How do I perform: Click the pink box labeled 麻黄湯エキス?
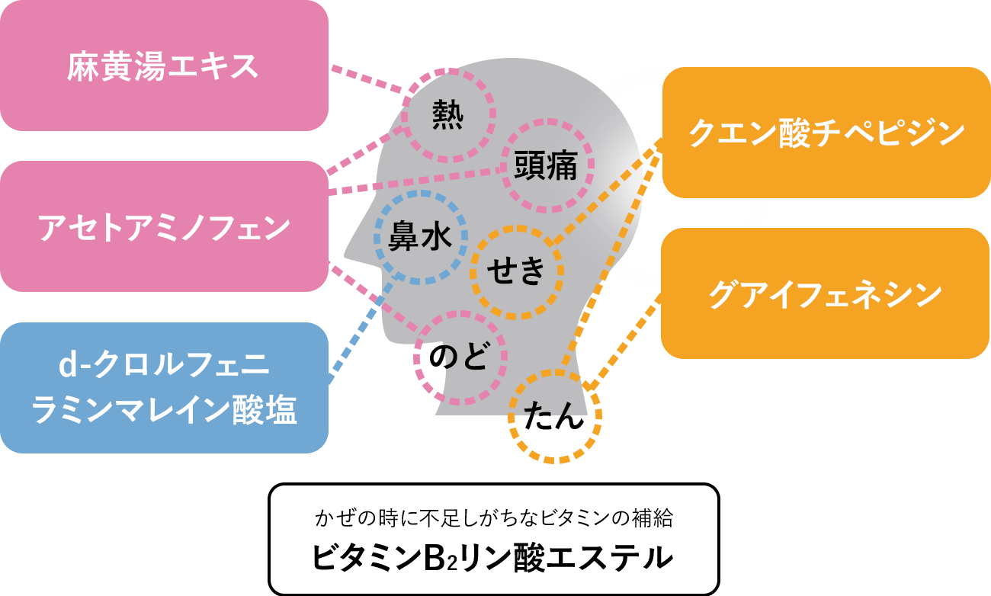[163, 66]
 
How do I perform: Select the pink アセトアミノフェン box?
[163, 226]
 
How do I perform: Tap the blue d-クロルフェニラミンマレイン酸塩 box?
[163, 388]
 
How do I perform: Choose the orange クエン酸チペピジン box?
[826, 133]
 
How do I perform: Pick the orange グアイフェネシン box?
[825, 293]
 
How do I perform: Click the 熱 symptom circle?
[448, 116]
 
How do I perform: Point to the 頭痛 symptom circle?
[546, 165]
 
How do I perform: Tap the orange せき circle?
[517, 271]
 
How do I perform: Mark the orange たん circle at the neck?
[554, 416]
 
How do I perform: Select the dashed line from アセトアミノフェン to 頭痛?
[415, 181]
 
